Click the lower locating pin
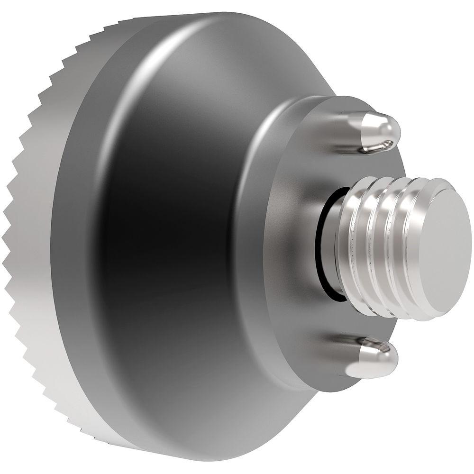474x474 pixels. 372,355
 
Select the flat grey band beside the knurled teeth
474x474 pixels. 71,237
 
